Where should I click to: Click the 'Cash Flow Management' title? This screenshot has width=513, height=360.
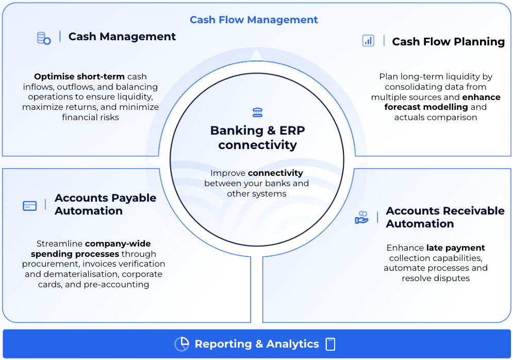coord(254,20)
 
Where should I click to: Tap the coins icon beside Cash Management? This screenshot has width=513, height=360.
coord(43,38)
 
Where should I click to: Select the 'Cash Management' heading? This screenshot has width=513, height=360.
coord(122,37)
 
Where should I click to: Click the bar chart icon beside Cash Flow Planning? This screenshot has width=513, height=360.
coord(368,41)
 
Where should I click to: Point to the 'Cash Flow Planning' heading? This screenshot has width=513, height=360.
coord(448,42)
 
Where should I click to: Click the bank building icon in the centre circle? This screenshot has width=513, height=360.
coord(257,112)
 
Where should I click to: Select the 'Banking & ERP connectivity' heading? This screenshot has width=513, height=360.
coord(257,138)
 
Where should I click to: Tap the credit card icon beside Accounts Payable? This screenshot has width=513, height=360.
coord(30,206)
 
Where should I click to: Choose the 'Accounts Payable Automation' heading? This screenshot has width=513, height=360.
coord(105,204)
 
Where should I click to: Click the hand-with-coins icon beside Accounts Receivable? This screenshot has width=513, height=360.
coord(361,217)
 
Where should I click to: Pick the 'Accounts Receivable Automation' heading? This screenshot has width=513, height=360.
coord(445,217)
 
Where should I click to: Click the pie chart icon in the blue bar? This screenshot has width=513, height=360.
coord(181,344)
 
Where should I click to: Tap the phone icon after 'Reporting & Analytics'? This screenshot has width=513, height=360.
coord(330,344)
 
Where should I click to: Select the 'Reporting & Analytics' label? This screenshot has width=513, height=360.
coord(257,344)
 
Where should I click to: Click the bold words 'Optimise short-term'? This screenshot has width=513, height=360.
coord(79,77)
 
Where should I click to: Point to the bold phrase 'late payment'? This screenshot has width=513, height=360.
coord(455,248)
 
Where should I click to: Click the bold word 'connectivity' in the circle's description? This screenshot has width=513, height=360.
coord(275,173)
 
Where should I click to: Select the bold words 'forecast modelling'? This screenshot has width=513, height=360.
coord(426,107)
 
